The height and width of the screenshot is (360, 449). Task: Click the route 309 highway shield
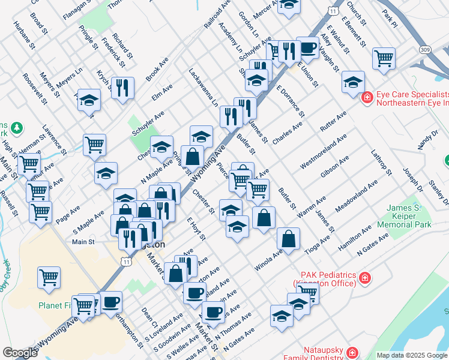click(x=425, y=49)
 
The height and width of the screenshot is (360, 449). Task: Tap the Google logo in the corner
click(x=20, y=353)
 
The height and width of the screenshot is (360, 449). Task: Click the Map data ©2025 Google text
click(x=412, y=355)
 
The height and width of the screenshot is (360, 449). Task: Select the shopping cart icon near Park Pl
click(x=384, y=59)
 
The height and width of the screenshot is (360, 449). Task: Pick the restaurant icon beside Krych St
click(x=122, y=88)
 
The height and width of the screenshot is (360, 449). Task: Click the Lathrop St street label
click(x=381, y=162)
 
